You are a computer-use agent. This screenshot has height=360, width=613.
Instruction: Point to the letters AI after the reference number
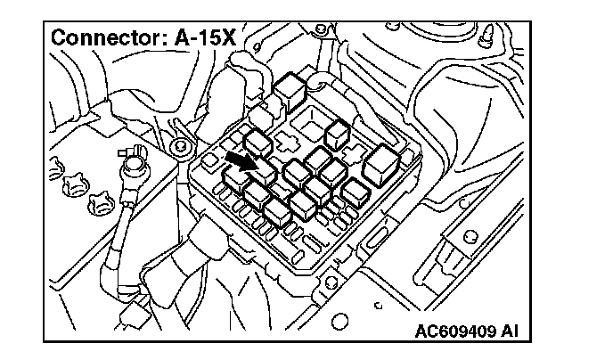tap(508, 332)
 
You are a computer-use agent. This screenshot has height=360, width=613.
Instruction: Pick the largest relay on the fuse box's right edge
tap(385, 163)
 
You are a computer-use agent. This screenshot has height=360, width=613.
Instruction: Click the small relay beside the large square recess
tap(337, 134)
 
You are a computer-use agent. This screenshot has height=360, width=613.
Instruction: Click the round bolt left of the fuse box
tap(181, 144)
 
